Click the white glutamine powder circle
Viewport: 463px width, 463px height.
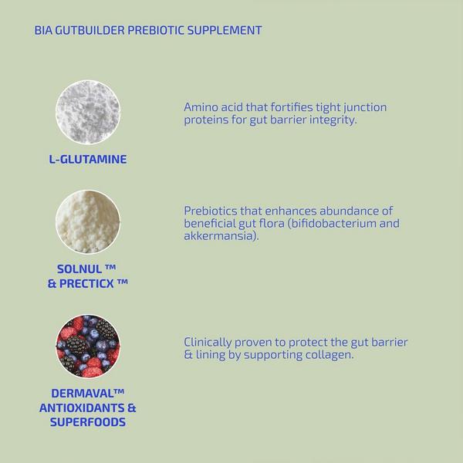point(88,111)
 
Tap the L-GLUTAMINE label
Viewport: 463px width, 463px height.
point(87,160)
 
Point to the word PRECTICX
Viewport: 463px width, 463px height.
point(93,283)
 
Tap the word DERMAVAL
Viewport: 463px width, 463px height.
point(83,394)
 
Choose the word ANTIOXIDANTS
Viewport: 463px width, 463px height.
point(81,407)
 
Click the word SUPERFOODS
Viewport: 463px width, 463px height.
point(88,422)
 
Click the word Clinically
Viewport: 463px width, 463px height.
point(208,342)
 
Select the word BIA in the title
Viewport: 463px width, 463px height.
point(44,31)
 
